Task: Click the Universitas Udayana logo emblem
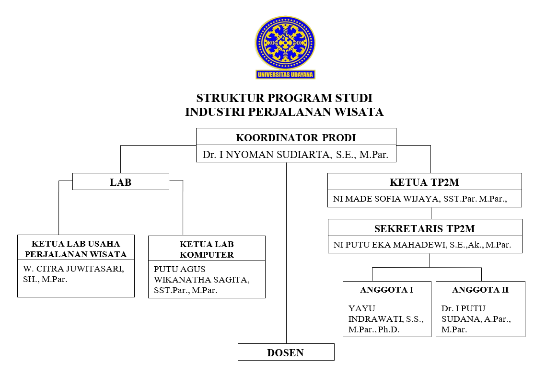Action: [285, 43]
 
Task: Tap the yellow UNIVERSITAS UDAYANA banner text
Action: [285, 74]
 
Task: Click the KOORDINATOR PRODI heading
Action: [296, 138]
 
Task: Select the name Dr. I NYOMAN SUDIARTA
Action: [267, 155]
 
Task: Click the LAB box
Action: [120, 181]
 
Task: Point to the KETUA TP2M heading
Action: [424, 182]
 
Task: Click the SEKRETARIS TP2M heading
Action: [425, 228]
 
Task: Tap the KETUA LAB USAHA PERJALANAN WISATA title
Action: [76, 249]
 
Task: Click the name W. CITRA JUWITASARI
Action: [73, 269]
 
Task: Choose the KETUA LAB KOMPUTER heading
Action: [207, 249]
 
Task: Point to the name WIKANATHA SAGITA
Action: [202, 280]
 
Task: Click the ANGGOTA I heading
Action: [387, 290]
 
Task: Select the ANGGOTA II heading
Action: [480, 290]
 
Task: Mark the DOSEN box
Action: [286, 352]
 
